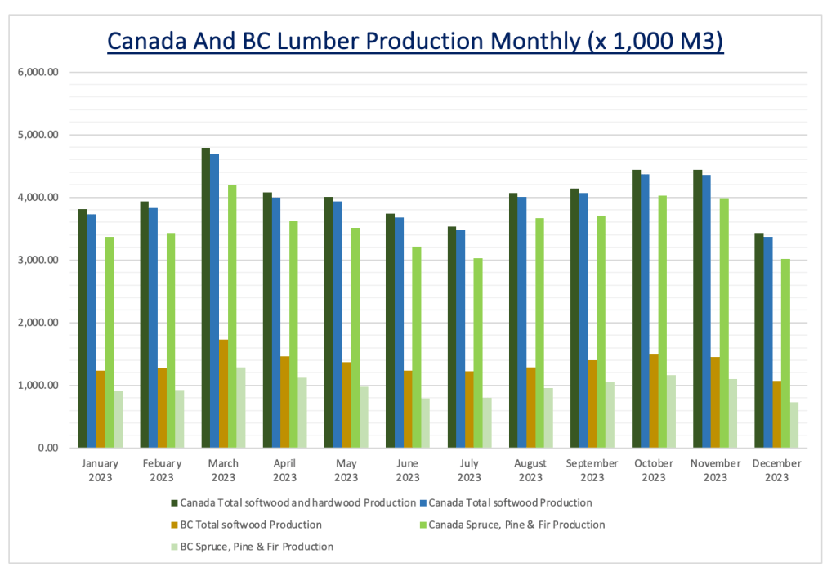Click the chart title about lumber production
pyautogui.click(x=416, y=42)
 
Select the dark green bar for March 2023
pyautogui.click(x=206, y=298)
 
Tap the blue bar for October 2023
pyautogui.click(x=644, y=311)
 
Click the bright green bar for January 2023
pyautogui.click(x=109, y=342)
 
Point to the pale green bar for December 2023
pyautogui.click(x=793, y=425)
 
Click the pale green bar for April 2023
pyautogui.click(x=302, y=413)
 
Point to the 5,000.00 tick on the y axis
pyautogui.click(x=38, y=135)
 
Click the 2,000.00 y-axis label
pyautogui.click(x=38, y=323)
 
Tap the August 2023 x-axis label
pyautogui.click(x=530, y=470)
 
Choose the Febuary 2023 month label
pyautogui.click(x=162, y=470)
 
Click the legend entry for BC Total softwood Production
pyautogui.click(x=250, y=525)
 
